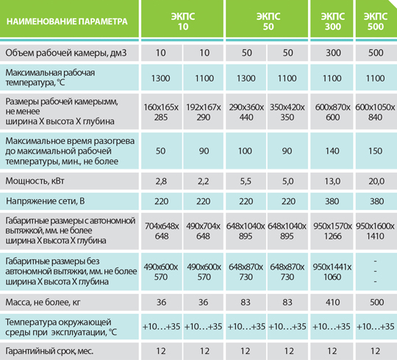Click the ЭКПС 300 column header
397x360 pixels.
click(333, 21)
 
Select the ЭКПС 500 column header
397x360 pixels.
click(376, 21)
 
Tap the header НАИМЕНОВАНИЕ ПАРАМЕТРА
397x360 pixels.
click(67, 21)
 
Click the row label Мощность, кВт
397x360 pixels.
click(35, 181)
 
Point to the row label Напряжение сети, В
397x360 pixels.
click(46, 201)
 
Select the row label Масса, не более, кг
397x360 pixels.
click(43, 302)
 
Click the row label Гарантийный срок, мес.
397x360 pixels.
click(49, 351)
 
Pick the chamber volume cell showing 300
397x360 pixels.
click(333, 53)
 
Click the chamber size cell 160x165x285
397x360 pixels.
click(161, 112)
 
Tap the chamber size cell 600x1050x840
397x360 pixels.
click(375, 112)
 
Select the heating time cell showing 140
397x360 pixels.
click(332, 151)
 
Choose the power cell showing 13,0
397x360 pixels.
click(332, 181)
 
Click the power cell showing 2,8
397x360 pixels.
click(161, 181)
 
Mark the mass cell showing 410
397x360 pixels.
click(333, 302)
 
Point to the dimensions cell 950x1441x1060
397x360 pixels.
click(332, 272)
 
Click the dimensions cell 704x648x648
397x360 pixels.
click(162, 231)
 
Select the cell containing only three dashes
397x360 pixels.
click(375, 271)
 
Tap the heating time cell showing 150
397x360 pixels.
click(375, 151)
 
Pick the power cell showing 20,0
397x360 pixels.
click(376, 181)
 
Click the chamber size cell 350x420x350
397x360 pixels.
click(287, 112)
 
